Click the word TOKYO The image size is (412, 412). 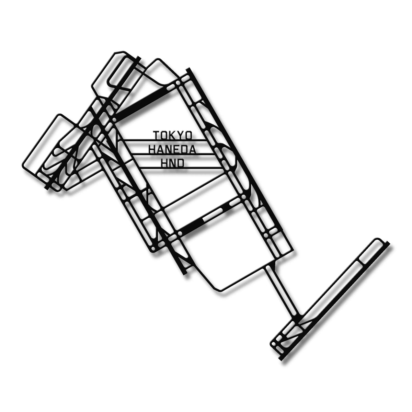point(173,135)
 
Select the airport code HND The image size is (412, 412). point(172,163)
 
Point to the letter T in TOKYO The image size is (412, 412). point(157,135)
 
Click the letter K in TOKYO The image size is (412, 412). point(173,135)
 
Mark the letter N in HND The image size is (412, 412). point(172,163)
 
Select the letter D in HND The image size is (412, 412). point(181,163)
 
